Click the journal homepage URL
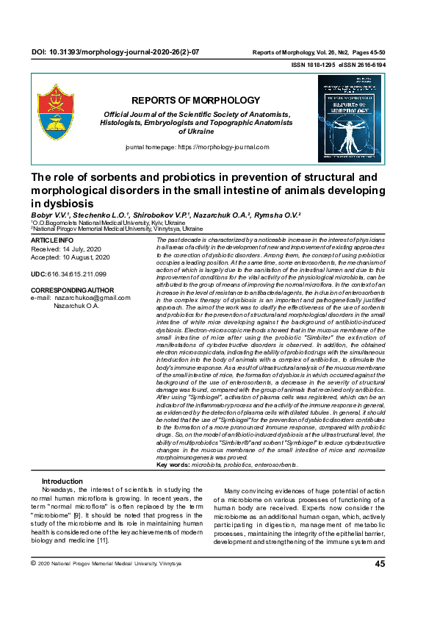220,148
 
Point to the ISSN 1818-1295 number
313,65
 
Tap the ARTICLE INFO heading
51,240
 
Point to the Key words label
173,465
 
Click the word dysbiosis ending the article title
56,202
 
